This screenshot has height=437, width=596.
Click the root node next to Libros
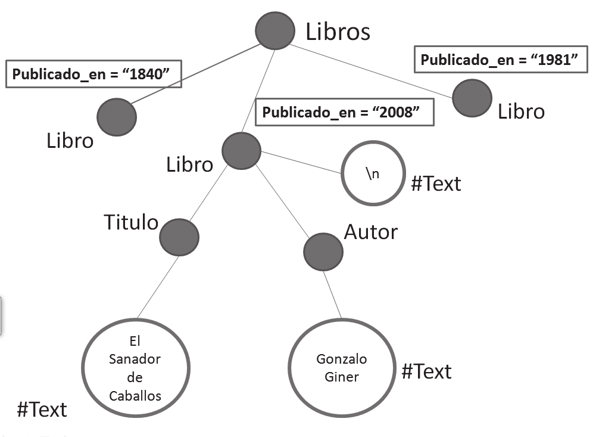coord(275,31)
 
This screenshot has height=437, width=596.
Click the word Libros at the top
coord(338,32)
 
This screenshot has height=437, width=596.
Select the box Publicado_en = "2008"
coord(344,112)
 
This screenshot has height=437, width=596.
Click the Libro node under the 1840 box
coord(117,117)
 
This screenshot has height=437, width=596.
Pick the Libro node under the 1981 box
coord(472,98)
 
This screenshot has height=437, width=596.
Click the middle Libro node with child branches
coord(241,151)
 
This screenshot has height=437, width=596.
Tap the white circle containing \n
coord(373,173)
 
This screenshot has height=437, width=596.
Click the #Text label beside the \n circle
coord(436,184)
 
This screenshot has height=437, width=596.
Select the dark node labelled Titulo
coord(179,237)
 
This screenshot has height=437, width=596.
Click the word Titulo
coord(131,222)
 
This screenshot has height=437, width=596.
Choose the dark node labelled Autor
coord(323,252)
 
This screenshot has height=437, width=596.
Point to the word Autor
coord(370,231)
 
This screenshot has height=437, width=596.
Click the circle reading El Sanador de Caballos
coord(136,367)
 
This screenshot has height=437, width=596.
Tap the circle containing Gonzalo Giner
coord(341,367)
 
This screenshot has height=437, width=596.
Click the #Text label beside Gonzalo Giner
coord(426,371)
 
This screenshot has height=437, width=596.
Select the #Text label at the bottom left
coord(42,410)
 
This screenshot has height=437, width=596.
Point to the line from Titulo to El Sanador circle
coord(159,286)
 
